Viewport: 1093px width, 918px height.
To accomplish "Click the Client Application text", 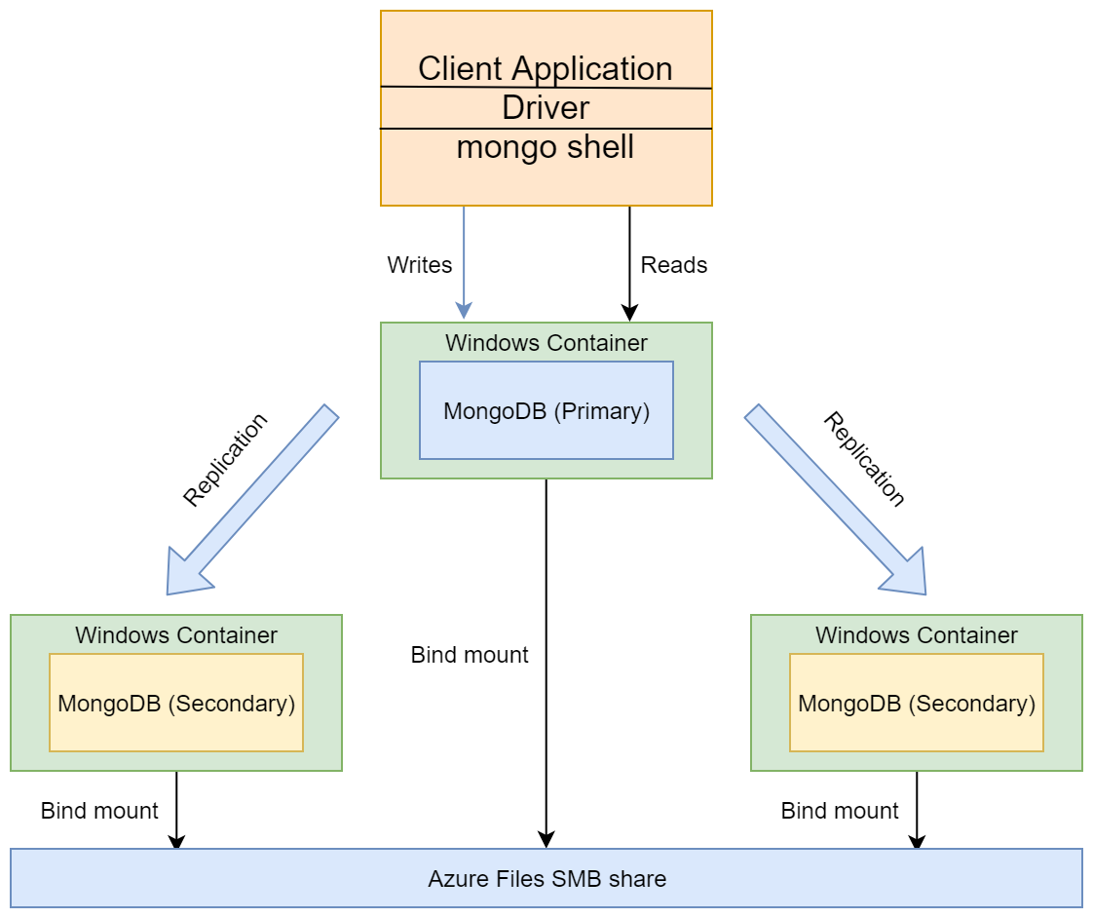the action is tap(546, 69).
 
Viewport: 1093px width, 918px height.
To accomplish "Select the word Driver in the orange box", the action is tap(546, 108).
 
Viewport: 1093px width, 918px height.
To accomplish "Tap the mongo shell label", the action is tap(546, 147).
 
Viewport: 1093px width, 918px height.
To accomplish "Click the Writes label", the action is tap(420, 265).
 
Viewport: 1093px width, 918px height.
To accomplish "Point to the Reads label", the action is tap(674, 265).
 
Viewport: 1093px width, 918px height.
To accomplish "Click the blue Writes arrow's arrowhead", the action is tap(464, 311).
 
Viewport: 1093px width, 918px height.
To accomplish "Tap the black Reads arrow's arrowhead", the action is tap(629, 313).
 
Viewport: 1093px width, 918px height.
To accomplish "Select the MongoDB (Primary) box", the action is tap(546, 410).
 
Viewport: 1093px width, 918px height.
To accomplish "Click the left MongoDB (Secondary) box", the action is tap(176, 703).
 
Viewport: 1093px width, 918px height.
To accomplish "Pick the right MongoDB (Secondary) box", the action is tap(917, 703).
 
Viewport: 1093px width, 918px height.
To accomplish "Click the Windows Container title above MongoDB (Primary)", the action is tap(546, 342).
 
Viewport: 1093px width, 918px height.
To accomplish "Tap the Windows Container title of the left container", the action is tap(176, 634).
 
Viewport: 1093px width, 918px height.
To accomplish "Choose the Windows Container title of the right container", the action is tap(917, 634).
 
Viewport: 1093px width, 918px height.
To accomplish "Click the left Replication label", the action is tap(225, 460).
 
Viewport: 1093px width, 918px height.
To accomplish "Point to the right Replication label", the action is tap(864, 460).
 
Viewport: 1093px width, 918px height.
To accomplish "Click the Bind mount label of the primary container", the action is tap(470, 655).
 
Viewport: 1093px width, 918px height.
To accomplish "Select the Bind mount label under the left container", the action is tap(99, 811).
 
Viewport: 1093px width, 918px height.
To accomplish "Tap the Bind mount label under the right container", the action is tap(840, 811).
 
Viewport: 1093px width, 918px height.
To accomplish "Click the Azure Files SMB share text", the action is tap(547, 879).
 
